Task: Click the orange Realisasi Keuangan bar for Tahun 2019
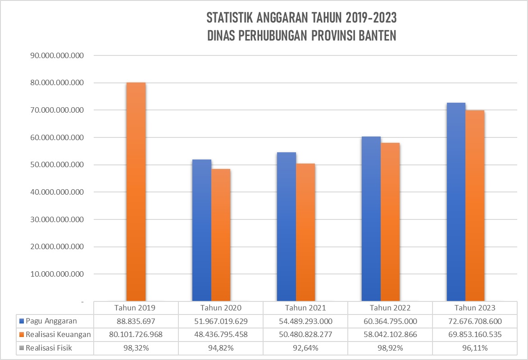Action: point(136,191)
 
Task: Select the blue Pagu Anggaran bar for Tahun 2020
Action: point(201,230)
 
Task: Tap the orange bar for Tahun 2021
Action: point(305,232)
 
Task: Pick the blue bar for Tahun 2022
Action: point(371,219)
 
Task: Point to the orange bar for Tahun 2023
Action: point(475,205)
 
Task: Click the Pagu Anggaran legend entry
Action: point(51,321)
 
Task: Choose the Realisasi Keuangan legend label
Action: point(58,335)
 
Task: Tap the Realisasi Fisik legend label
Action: point(49,348)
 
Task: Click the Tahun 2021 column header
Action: point(305,308)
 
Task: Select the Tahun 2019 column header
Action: point(136,308)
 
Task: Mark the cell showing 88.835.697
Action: point(136,321)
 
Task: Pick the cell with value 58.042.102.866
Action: point(390,335)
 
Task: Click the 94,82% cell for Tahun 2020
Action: point(220,348)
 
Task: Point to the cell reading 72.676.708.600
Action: point(474,321)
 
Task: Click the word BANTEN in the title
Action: point(378,36)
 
